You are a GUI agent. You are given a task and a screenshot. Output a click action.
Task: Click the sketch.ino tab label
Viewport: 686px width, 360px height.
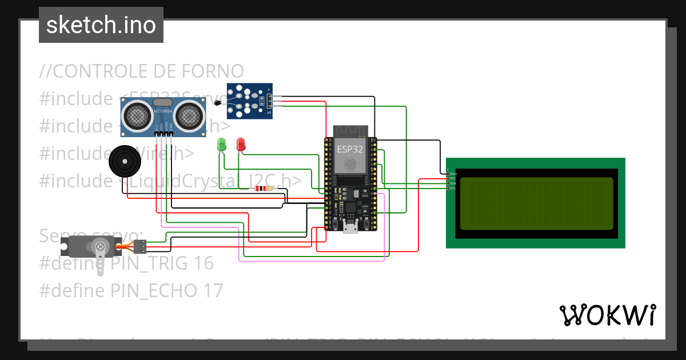[101, 25]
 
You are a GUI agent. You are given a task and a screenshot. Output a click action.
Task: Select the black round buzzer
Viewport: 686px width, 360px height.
[125, 162]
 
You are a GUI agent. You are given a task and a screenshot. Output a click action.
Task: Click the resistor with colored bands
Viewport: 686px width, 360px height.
[264, 189]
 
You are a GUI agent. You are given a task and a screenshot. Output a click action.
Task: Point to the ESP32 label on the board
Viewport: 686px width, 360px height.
[350, 149]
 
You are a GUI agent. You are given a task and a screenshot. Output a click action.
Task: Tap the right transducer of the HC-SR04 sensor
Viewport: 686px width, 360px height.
[188, 116]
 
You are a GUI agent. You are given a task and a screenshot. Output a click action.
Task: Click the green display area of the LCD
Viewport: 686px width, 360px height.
[536, 203]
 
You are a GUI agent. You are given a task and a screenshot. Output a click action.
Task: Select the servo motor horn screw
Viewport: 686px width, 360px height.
[101, 247]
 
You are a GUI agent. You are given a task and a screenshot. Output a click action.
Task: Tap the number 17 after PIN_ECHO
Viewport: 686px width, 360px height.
[213, 291]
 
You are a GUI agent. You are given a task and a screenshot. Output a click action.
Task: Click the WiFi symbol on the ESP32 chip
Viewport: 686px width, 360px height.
[350, 165]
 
